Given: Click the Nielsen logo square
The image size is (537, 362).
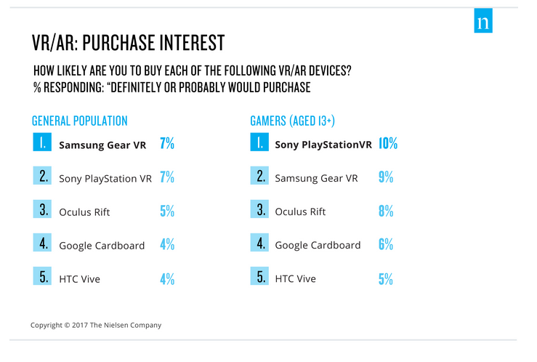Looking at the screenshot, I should pos(483,22).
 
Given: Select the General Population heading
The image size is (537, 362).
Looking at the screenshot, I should pos(80,121).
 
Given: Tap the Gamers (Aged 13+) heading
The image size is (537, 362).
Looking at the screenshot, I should pos(291,121).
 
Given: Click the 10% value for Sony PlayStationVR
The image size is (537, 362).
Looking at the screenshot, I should pos(387,144).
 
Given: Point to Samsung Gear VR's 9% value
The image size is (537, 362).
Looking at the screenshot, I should pos(386,177).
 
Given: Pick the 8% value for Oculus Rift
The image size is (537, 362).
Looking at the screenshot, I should pos(386,212).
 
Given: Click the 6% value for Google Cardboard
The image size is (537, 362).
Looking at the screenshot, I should pos(386,245).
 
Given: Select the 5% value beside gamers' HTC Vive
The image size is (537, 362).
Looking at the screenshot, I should pos(386,278).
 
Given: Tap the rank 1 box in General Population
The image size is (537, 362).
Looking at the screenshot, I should pos(42,144).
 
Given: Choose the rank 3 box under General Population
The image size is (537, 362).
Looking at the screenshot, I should pos(42,212).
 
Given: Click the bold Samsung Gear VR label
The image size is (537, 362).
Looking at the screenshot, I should pos(102,145).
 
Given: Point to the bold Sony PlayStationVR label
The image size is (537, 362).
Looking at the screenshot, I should pos(323,145).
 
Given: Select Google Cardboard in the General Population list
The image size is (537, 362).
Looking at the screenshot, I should pos(102,245).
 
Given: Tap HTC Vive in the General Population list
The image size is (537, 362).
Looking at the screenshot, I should pos(79,278).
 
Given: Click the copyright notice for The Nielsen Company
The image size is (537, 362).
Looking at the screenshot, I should pos(96,325).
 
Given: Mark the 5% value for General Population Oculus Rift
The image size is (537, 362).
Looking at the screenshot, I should pos(167,212).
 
